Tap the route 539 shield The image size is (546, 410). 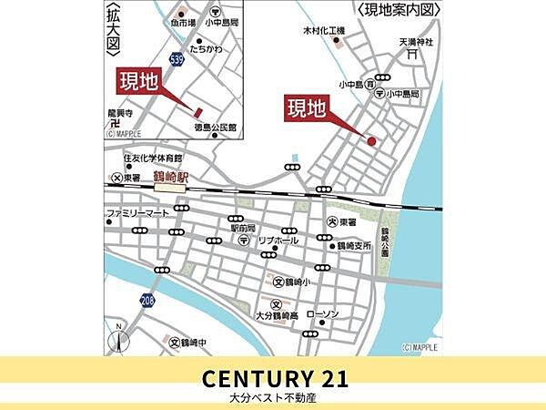tap(176, 58)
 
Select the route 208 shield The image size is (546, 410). tap(147, 299)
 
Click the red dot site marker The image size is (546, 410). tap(371, 140)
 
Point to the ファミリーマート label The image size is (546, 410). tap(137, 212)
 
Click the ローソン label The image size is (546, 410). tap(323, 314)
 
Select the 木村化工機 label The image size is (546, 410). tap(325, 31)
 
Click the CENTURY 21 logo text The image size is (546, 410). tap(274, 376)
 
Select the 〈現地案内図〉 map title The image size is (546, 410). tap(399, 10)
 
